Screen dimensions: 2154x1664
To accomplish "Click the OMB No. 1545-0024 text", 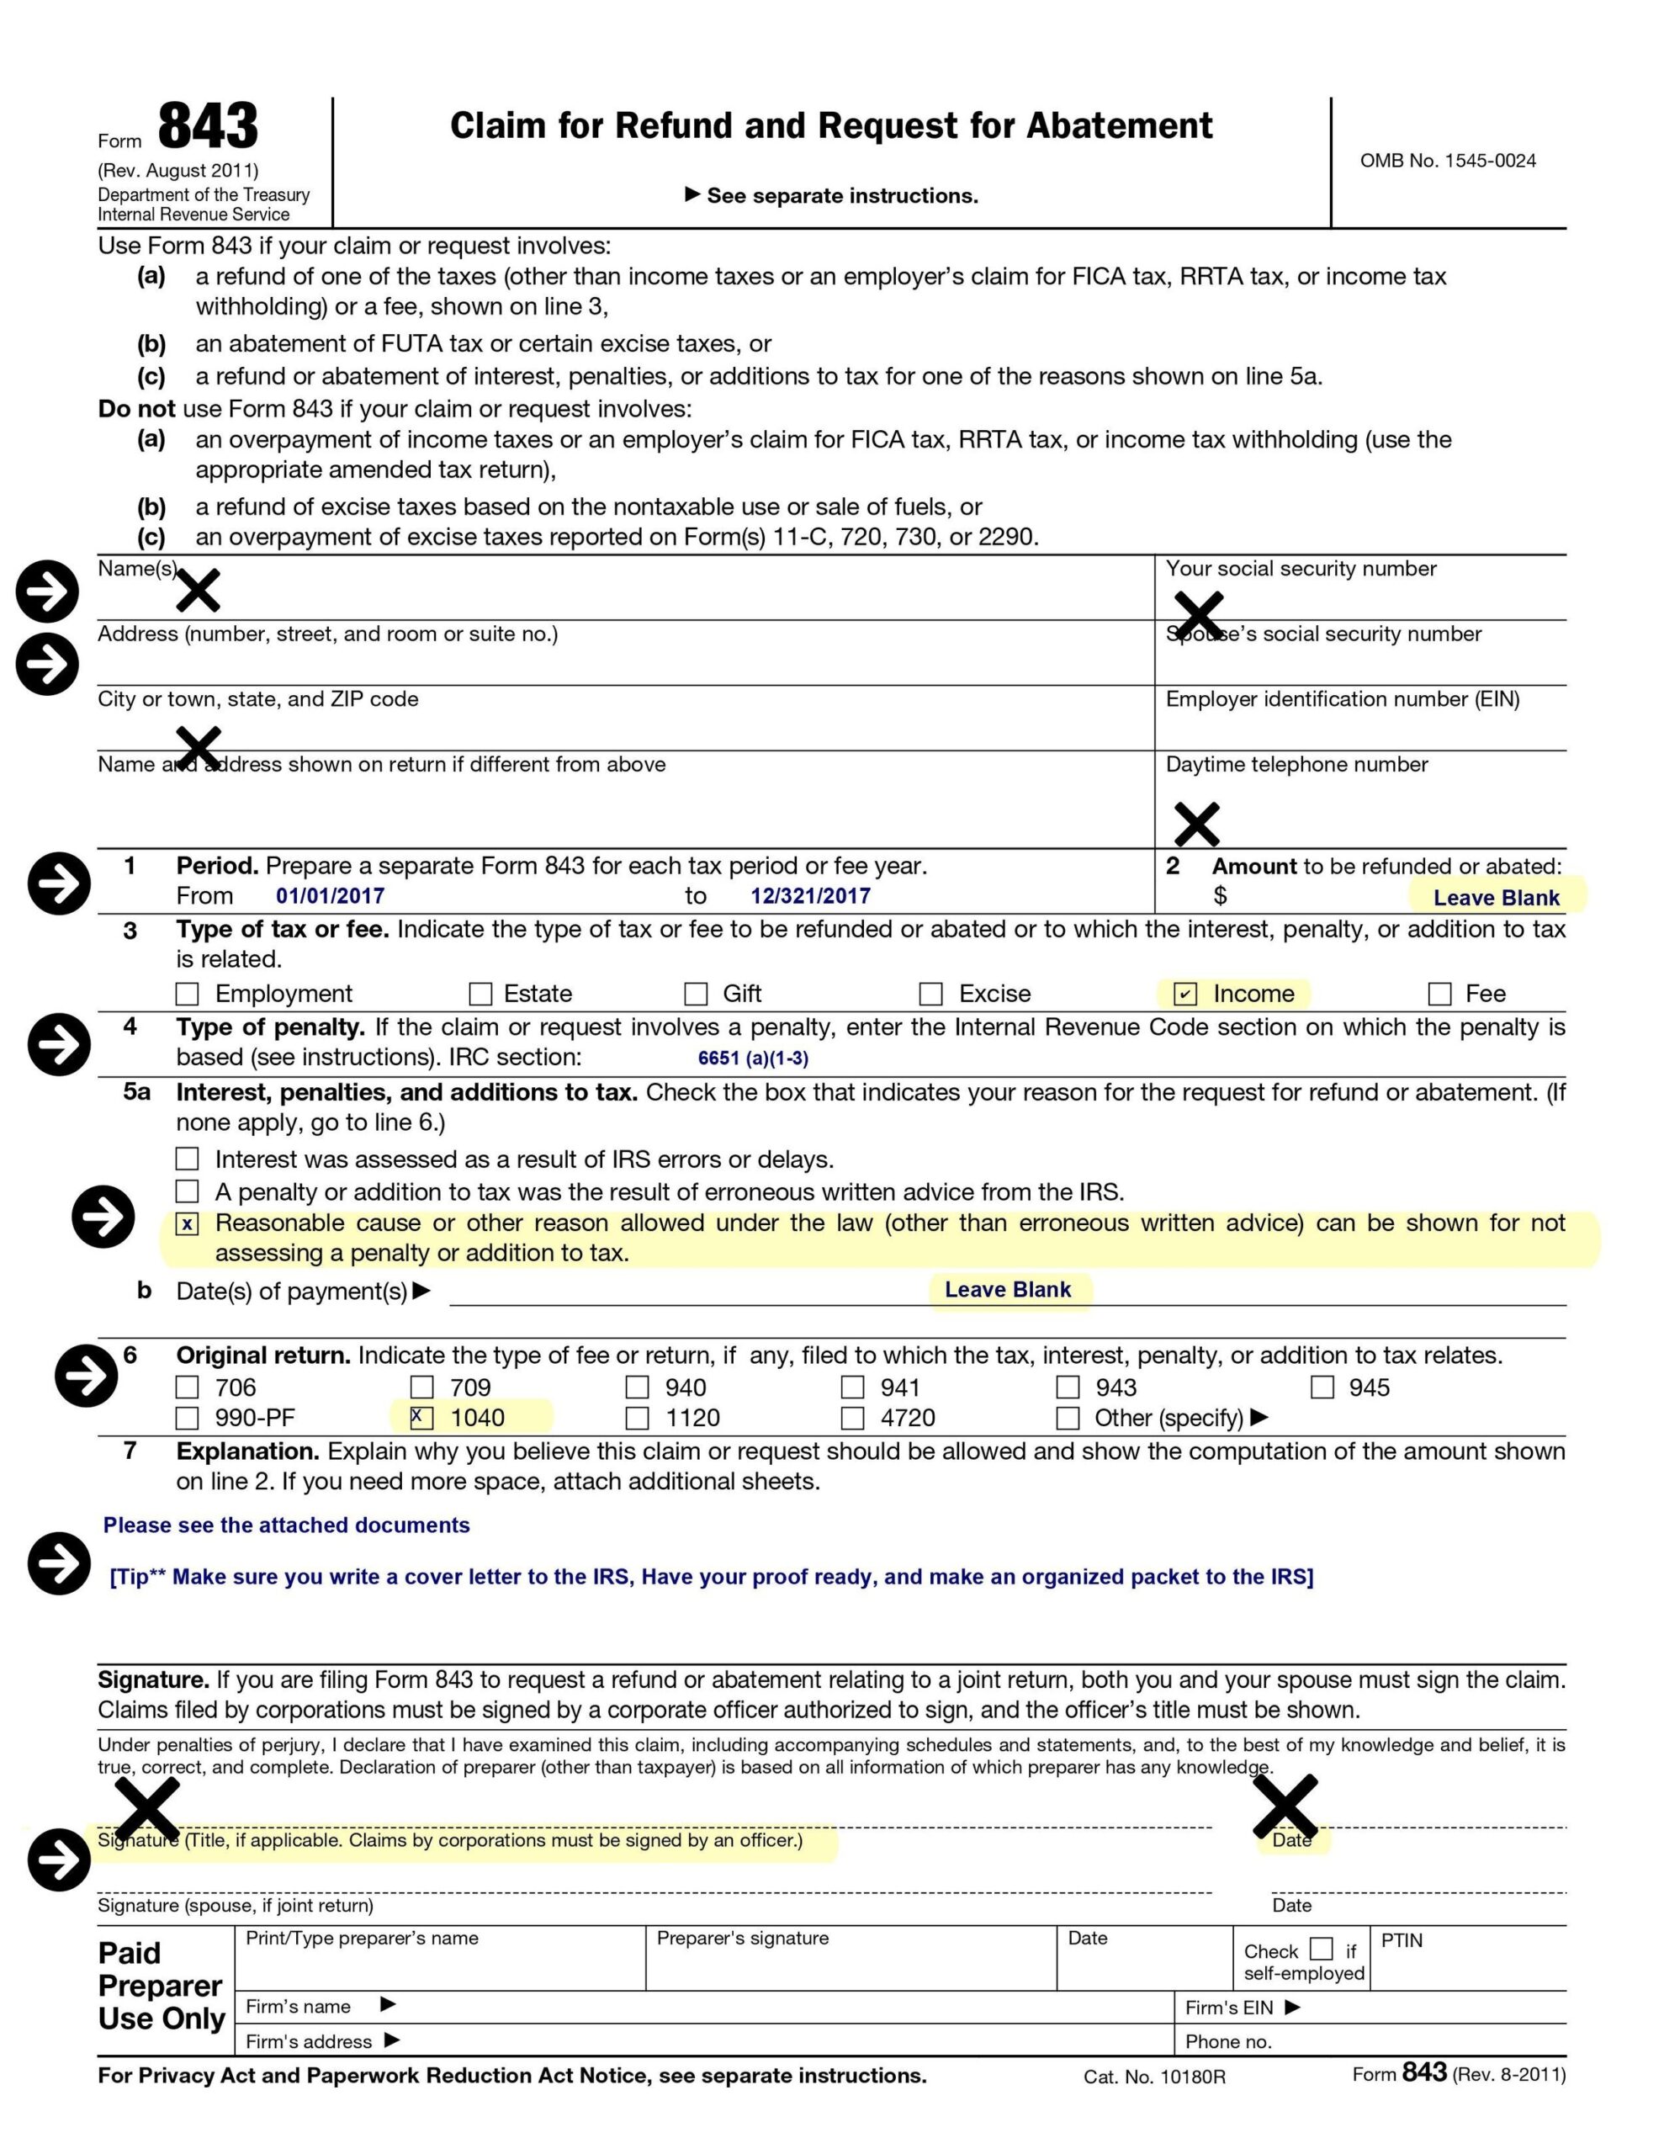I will tap(1447, 161).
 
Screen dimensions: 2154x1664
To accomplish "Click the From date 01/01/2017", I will tap(330, 896).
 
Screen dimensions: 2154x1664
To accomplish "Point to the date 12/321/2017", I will tap(810, 896).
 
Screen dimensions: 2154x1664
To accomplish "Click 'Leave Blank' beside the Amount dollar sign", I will tap(1496, 898).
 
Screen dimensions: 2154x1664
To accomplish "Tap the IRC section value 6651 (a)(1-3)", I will tap(753, 1058).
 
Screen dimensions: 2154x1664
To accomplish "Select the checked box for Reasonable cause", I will tap(188, 1224).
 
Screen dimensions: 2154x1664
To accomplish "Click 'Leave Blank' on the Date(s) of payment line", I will tap(1007, 1290).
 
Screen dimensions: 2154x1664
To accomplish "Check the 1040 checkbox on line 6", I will tap(421, 1417).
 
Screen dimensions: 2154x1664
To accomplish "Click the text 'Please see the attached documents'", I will tap(286, 1525).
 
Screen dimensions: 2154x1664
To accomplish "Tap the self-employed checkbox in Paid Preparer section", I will tap(1321, 1949).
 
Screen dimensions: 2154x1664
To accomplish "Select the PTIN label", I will tap(1401, 1941).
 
